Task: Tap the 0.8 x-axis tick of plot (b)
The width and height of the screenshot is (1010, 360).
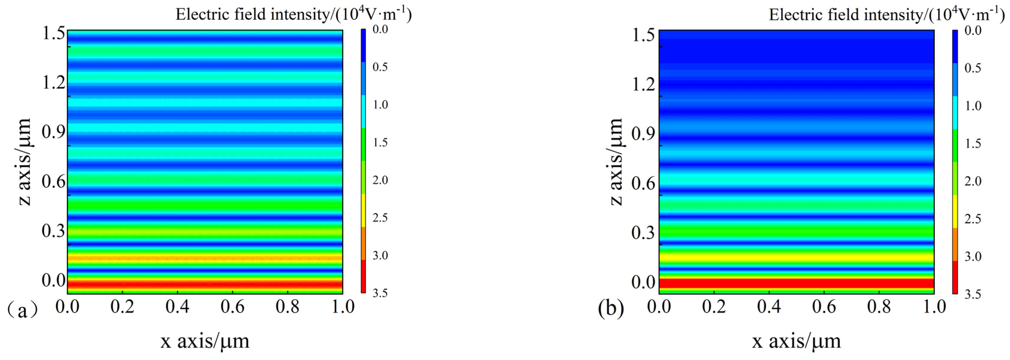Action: click(x=879, y=306)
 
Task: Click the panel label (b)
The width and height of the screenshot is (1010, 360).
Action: click(x=611, y=309)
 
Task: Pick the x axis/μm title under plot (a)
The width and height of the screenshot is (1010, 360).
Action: click(x=205, y=341)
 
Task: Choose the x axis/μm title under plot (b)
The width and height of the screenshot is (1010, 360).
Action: click(x=796, y=341)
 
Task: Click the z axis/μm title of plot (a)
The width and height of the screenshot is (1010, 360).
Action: click(x=24, y=162)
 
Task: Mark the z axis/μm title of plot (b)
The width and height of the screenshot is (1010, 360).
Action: click(x=615, y=162)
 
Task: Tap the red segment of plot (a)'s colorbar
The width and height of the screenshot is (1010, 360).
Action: click(x=363, y=276)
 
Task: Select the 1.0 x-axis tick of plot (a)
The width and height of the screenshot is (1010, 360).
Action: click(x=343, y=306)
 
